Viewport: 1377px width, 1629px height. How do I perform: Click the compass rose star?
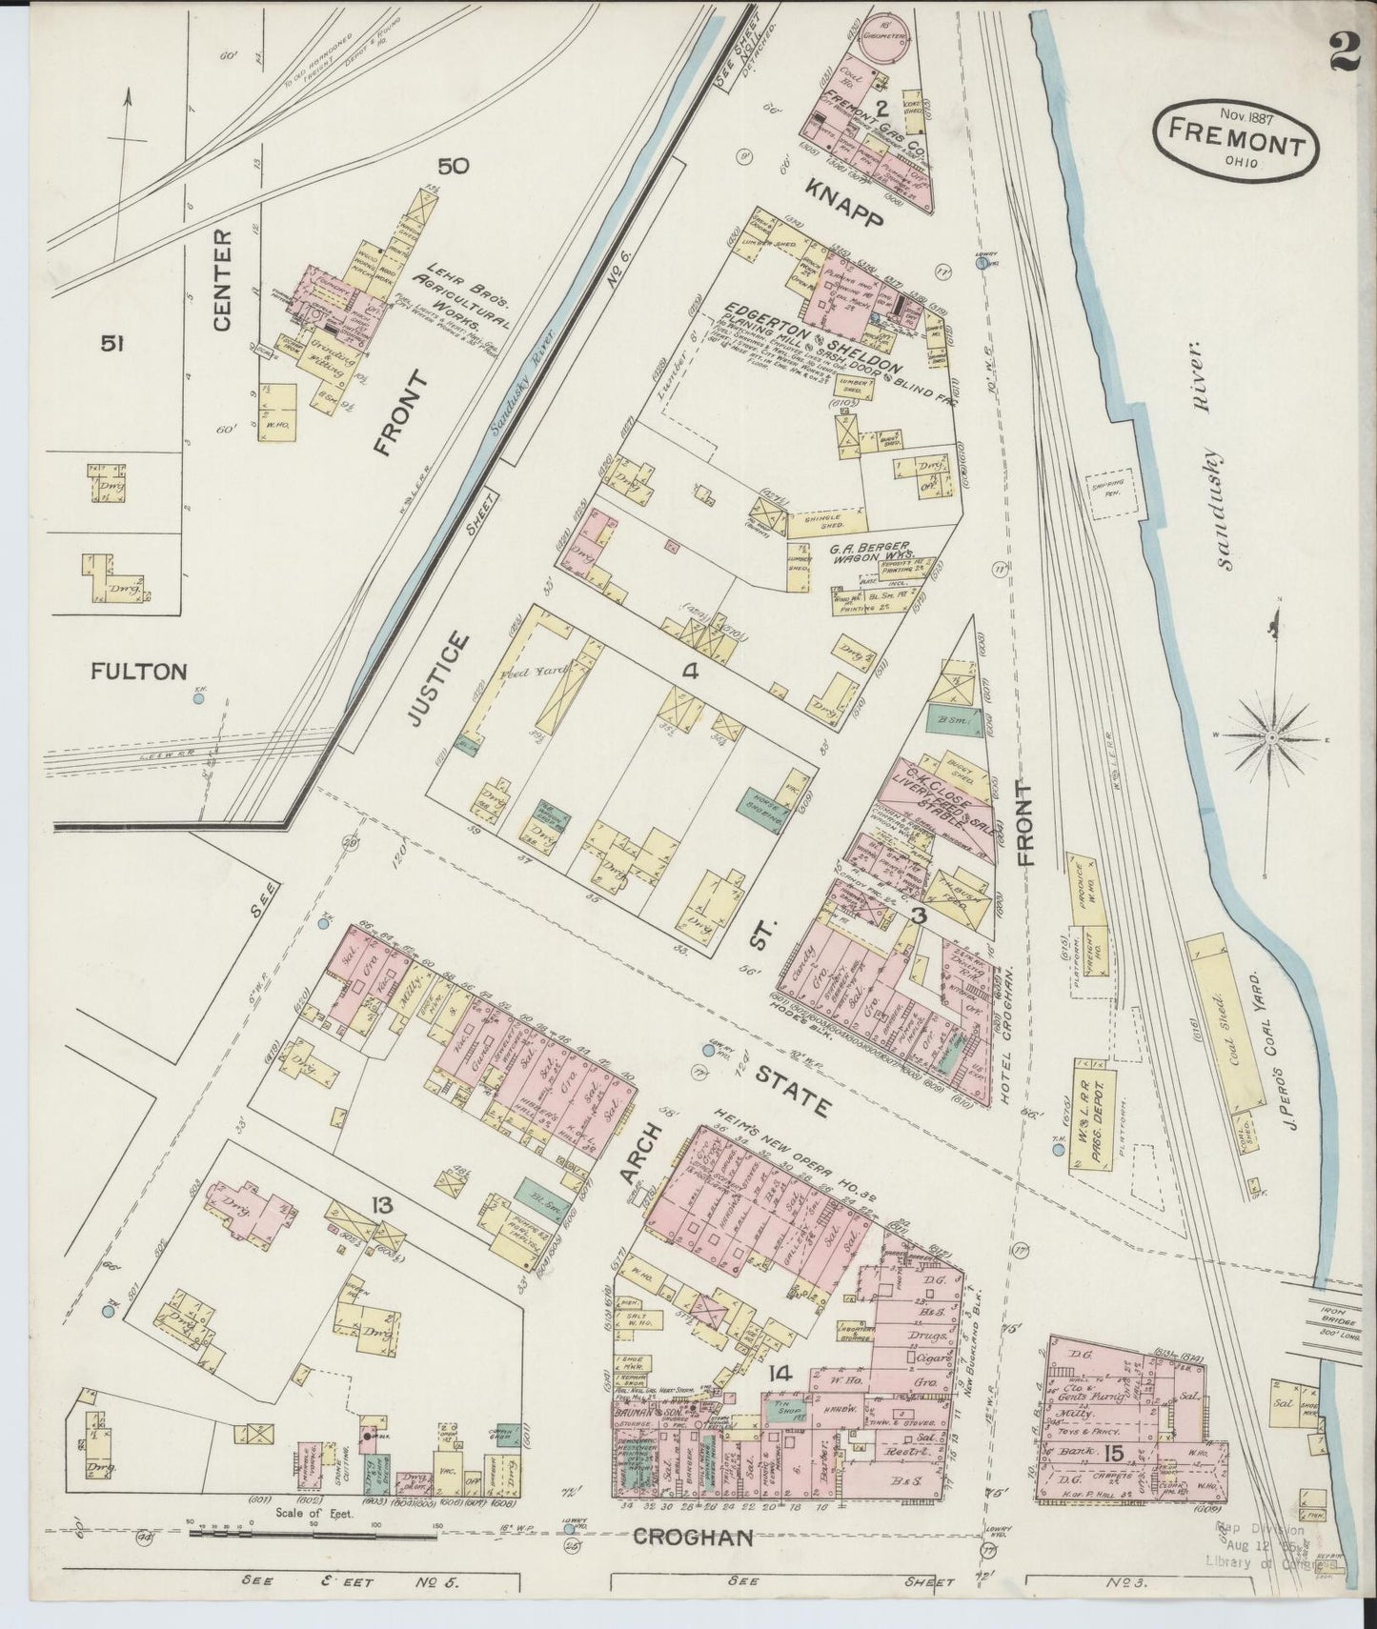1273,736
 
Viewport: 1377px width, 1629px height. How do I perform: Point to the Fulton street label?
139,672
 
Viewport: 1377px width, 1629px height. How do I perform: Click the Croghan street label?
694,1537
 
